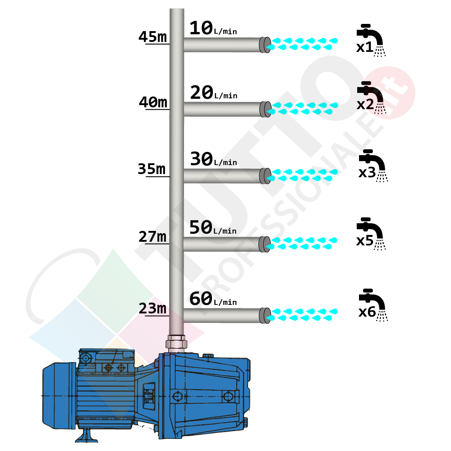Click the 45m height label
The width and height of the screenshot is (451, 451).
pyautogui.click(x=152, y=37)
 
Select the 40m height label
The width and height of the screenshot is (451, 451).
pyautogui.click(x=153, y=103)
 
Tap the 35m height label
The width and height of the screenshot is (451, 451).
pyautogui.click(x=152, y=169)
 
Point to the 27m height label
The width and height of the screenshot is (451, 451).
pyautogui.click(x=152, y=236)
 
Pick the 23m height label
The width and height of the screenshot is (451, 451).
pyautogui.click(x=152, y=308)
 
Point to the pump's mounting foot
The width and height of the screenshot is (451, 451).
pyautogui.click(x=86, y=435)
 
